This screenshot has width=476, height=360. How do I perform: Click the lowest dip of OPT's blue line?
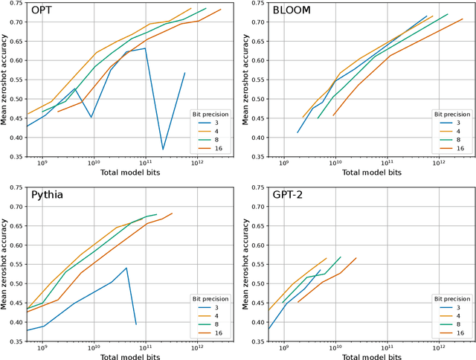[x=164, y=150]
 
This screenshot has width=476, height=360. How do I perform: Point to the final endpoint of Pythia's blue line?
[x=136, y=324]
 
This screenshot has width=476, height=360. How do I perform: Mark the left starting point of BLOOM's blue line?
[x=297, y=132]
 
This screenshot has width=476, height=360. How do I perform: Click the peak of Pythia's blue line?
[x=126, y=268]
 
